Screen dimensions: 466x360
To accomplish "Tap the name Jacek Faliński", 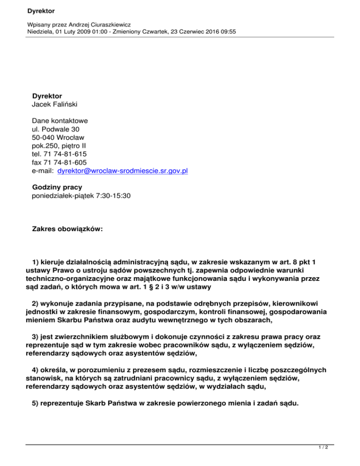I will [53, 104].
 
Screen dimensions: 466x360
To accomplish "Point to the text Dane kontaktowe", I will [60, 120].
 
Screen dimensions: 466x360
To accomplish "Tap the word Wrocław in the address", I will [70, 137].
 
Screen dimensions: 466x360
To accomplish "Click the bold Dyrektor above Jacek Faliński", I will [47, 96].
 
